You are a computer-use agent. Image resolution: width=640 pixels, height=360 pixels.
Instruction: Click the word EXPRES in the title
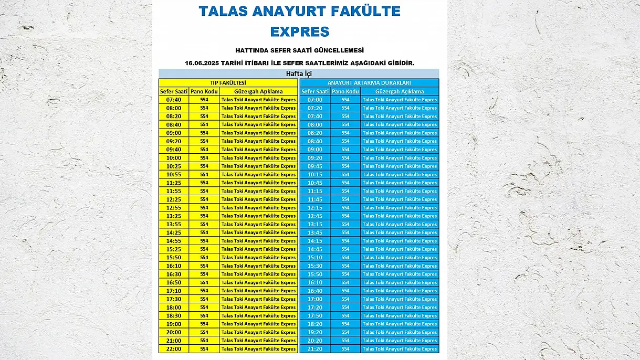tap(300, 31)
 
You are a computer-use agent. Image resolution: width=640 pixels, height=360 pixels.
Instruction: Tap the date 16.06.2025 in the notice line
tap(205, 63)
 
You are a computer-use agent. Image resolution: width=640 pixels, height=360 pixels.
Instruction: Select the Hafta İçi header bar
tap(299, 74)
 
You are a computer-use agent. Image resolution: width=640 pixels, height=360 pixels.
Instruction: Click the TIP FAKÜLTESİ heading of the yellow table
tap(228, 83)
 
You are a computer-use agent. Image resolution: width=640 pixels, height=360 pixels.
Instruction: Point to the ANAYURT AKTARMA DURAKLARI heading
tap(369, 83)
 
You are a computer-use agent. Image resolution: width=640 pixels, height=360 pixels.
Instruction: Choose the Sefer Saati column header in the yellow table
tap(174, 91)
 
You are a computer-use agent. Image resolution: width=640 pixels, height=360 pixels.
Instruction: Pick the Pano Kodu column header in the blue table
tap(345, 91)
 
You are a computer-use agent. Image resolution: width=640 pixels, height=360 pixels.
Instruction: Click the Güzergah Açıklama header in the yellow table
tap(258, 91)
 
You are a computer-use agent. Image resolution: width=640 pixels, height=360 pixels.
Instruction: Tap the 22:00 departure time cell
tap(174, 349)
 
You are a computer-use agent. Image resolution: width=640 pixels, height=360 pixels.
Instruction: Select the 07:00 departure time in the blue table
tap(315, 100)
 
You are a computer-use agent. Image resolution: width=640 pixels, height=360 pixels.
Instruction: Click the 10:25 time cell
tap(174, 166)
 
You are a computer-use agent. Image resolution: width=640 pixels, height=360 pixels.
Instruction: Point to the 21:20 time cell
tap(315, 349)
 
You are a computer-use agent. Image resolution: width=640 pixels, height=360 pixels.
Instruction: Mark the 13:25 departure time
tap(174, 216)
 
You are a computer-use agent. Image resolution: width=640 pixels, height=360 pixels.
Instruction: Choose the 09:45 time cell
tap(315, 166)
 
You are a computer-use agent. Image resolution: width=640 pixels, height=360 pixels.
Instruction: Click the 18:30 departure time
tap(174, 316)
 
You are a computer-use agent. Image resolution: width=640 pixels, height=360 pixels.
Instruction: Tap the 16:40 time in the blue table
tap(315, 291)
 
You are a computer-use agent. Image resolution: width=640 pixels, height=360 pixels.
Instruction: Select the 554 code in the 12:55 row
tap(204, 208)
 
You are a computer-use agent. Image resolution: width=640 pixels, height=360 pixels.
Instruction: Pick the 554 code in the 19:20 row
tap(345, 332)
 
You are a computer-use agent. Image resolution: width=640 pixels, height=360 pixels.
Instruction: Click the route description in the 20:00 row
tap(258, 332)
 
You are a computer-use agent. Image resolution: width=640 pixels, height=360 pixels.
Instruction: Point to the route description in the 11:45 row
tap(400, 199)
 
